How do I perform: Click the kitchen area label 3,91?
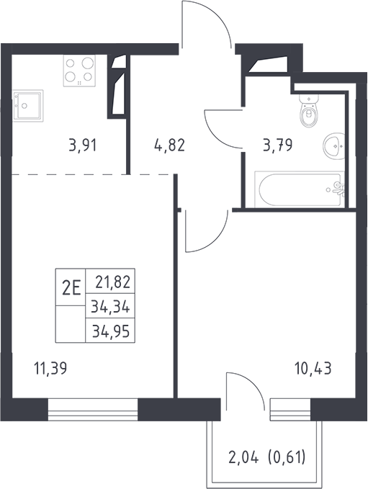pos(82,145)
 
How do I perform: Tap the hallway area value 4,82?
pos(170,145)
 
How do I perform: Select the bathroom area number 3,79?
pos(277,145)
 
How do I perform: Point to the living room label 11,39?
pos(50,369)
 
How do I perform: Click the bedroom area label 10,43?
pos(313,368)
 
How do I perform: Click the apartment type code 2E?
pos(71,287)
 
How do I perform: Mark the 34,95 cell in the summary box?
pos(111,331)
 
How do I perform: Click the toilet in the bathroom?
pos(309,111)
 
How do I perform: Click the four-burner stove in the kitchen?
pos(79,71)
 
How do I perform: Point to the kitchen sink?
pos(28,105)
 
